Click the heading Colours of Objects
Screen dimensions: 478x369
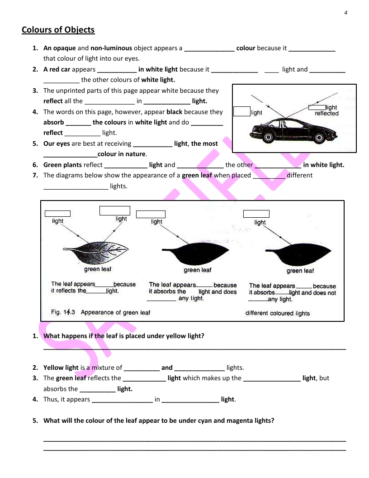(58, 30)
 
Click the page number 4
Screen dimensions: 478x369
(345, 12)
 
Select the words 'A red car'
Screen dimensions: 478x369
(57, 69)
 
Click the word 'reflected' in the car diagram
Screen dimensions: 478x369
(326, 114)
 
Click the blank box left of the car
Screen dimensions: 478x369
(241, 111)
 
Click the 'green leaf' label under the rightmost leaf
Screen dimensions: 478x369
(300, 271)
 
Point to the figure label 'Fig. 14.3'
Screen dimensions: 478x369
(63, 312)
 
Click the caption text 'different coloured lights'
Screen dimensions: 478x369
(277, 313)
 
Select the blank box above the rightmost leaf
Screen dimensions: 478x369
(256, 214)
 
